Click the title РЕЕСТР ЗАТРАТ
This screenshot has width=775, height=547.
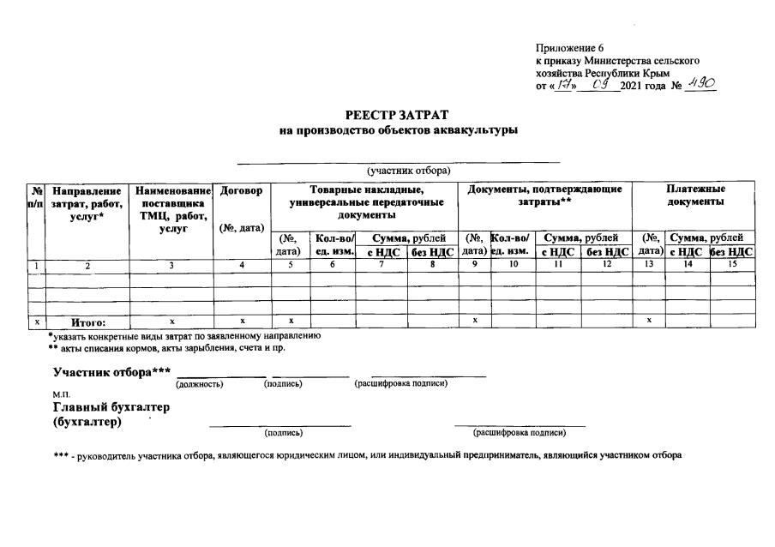point(397,115)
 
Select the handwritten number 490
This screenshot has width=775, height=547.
point(700,85)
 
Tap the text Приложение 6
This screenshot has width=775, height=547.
point(568,48)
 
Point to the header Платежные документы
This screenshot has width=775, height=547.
point(695,195)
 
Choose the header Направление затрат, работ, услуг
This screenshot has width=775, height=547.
point(87,202)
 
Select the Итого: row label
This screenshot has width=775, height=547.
point(87,323)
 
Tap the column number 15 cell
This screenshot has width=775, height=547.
point(732,266)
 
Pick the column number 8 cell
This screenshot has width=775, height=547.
point(432,266)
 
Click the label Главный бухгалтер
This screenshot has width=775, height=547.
point(111,407)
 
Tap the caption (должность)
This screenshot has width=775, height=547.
point(199,384)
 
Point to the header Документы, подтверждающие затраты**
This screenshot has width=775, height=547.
point(544,195)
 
